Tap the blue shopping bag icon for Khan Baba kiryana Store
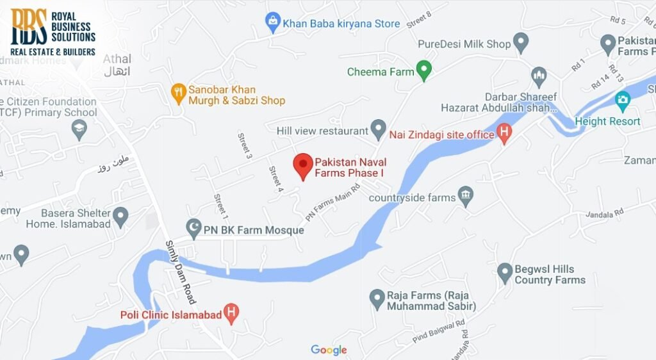(274, 23)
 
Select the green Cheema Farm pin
(423, 70)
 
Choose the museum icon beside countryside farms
(466, 197)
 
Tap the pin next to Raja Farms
(377, 298)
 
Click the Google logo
(329, 350)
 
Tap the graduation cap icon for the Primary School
(79, 130)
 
